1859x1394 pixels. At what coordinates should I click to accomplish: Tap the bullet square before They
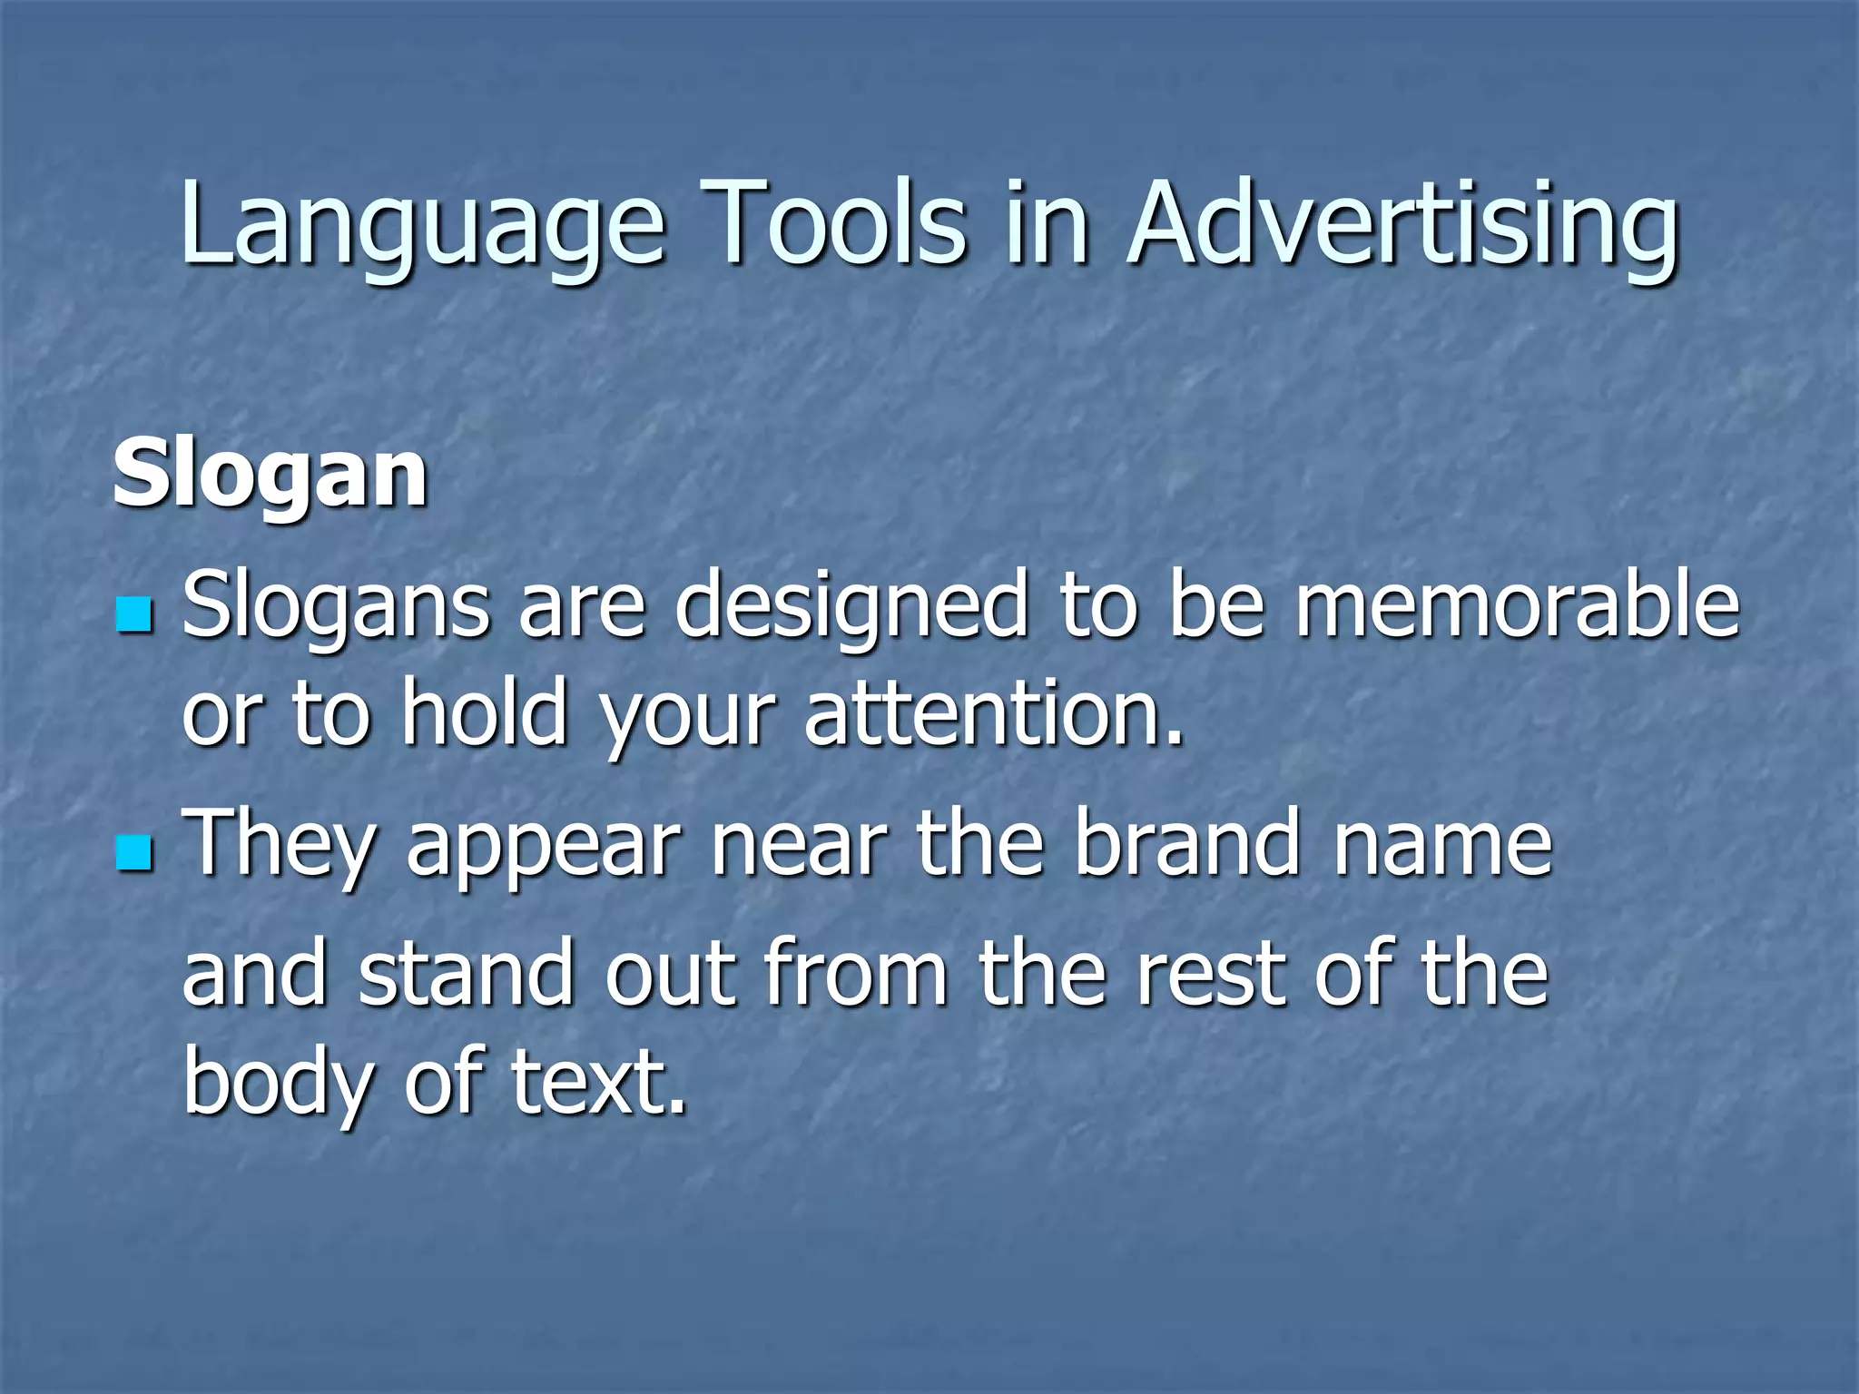pos(135,852)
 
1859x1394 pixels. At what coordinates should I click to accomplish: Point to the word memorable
pos(1517,605)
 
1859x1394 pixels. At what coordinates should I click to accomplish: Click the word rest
pos(1212,976)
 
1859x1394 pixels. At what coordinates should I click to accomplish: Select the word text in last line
pos(598,1082)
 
